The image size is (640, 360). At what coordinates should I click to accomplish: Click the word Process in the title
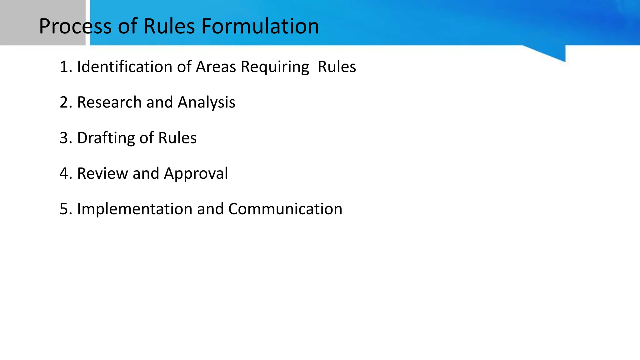(x=75, y=26)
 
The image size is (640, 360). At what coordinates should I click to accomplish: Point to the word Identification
(x=125, y=67)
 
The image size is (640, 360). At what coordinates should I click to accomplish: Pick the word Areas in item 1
(x=216, y=67)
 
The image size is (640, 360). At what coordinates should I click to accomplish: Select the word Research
(x=109, y=102)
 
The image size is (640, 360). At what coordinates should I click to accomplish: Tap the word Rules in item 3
(x=177, y=138)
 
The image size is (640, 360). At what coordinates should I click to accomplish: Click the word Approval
(x=196, y=174)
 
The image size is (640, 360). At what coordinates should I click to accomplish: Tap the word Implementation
(x=134, y=209)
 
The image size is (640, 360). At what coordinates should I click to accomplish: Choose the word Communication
(x=285, y=209)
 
